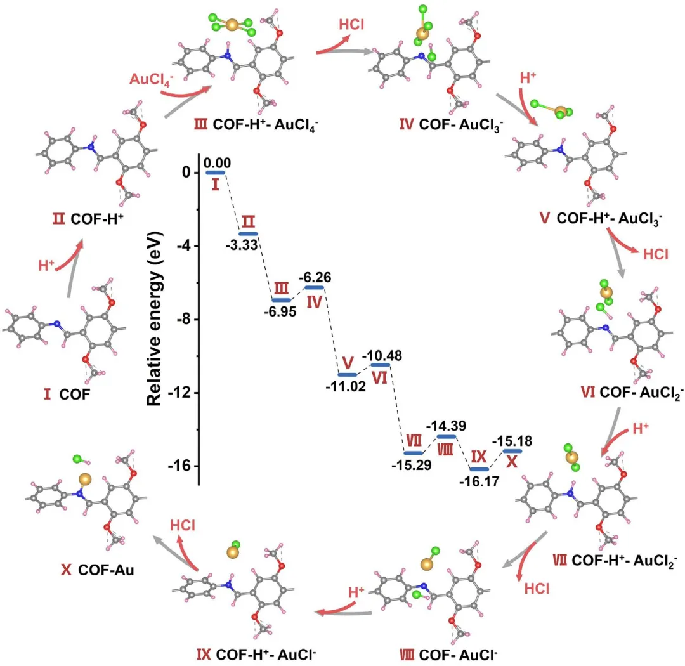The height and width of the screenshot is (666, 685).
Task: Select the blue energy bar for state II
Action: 248,233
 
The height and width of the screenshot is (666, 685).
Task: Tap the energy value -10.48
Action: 379,355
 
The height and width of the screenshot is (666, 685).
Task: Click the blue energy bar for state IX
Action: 480,469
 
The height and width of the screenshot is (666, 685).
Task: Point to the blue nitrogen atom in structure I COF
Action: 57,325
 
